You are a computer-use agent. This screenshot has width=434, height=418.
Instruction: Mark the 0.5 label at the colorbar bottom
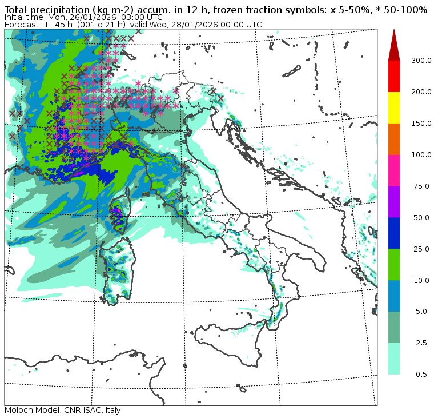pyautogui.click(x=421, y=375)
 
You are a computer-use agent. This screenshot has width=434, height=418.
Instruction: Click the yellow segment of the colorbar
pyautogui.click(x=394, y=107)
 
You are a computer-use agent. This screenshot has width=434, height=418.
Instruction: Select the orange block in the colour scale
pyautogui.click(x=394, y=138)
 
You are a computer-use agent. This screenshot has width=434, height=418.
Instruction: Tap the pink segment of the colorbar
pyautogui.click(x=394, y=170)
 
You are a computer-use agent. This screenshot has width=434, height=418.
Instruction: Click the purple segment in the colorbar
pyautogui.click(x=394, y=201)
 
